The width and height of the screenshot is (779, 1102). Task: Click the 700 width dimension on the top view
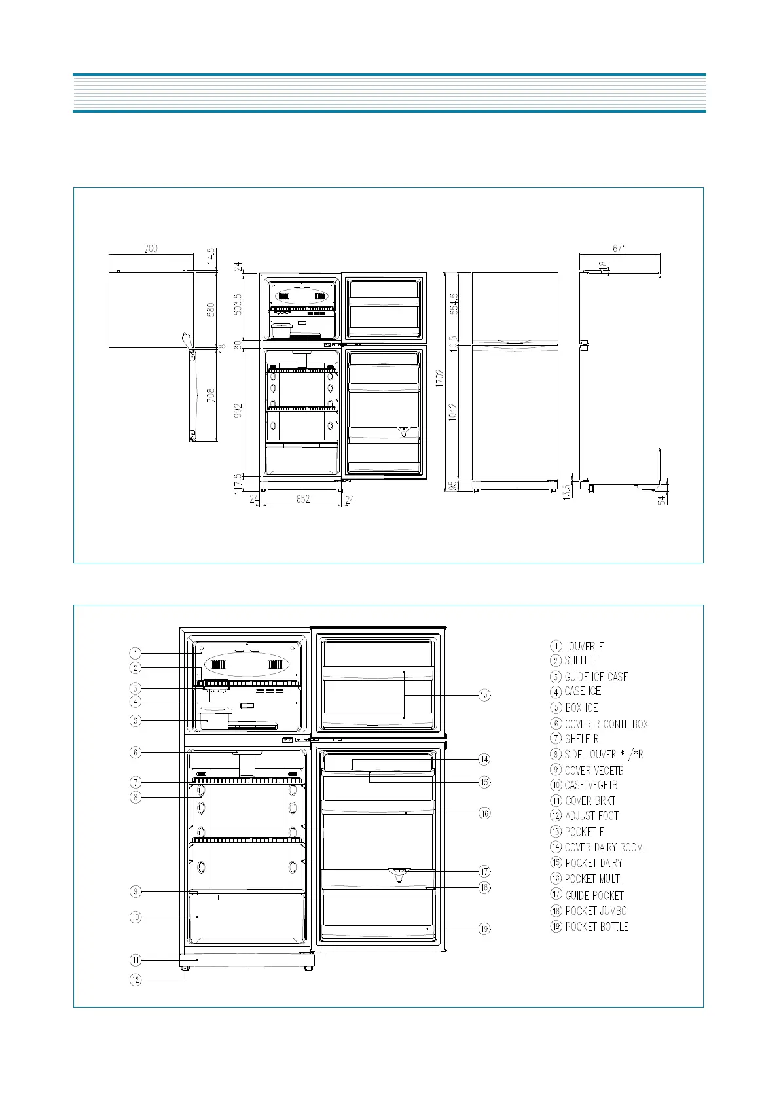151,249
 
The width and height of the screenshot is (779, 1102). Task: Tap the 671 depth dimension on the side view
619,249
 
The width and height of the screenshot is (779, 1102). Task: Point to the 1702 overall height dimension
441,378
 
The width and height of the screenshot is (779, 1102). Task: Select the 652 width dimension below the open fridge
302,499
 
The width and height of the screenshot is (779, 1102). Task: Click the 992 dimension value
238,410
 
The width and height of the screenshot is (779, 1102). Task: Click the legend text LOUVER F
584,647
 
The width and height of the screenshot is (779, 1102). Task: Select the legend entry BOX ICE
581,708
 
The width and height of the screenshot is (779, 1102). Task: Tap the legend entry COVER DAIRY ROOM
604,847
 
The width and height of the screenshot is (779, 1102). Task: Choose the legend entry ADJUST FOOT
591,816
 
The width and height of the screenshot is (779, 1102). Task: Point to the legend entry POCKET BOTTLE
596,927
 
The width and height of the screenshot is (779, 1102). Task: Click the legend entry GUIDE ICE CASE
596,677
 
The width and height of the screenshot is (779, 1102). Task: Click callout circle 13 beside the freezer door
484,695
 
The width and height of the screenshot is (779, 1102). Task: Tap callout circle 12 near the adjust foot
135,980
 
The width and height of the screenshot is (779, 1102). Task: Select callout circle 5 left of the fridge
135,721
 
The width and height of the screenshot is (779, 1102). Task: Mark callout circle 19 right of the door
484,929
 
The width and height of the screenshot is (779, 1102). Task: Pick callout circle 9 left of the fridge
135,891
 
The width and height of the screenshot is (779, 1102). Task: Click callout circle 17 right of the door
484,872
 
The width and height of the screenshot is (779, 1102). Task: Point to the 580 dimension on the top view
211,310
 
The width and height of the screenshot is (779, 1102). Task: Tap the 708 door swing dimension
211,395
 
